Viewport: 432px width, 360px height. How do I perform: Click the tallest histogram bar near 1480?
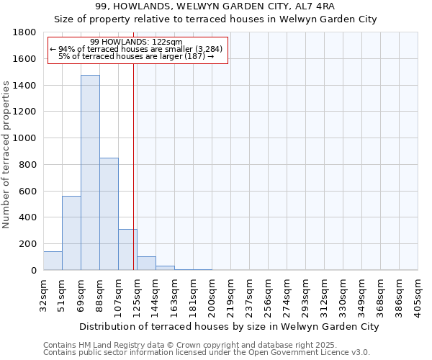pyautogui.click(x=90, y=173)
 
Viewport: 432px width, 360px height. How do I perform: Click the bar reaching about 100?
pyautogui.click(x=146, y=264)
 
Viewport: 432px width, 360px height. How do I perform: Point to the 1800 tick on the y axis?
pyautogui.click(x=25, y=32)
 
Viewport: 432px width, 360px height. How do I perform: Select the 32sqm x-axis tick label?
pyautogui.click(x=44, y=293)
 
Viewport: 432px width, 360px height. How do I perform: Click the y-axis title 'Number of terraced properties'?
pyautogui.click(x=6, y=154)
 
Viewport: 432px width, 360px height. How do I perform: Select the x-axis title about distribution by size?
pyautogui.click(x=229, y=326)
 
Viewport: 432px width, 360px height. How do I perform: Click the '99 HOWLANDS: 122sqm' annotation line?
pyautogui.click(x=137, y=42)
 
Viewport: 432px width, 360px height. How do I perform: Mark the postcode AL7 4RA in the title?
pyautogui.click(x=314, y=6)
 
